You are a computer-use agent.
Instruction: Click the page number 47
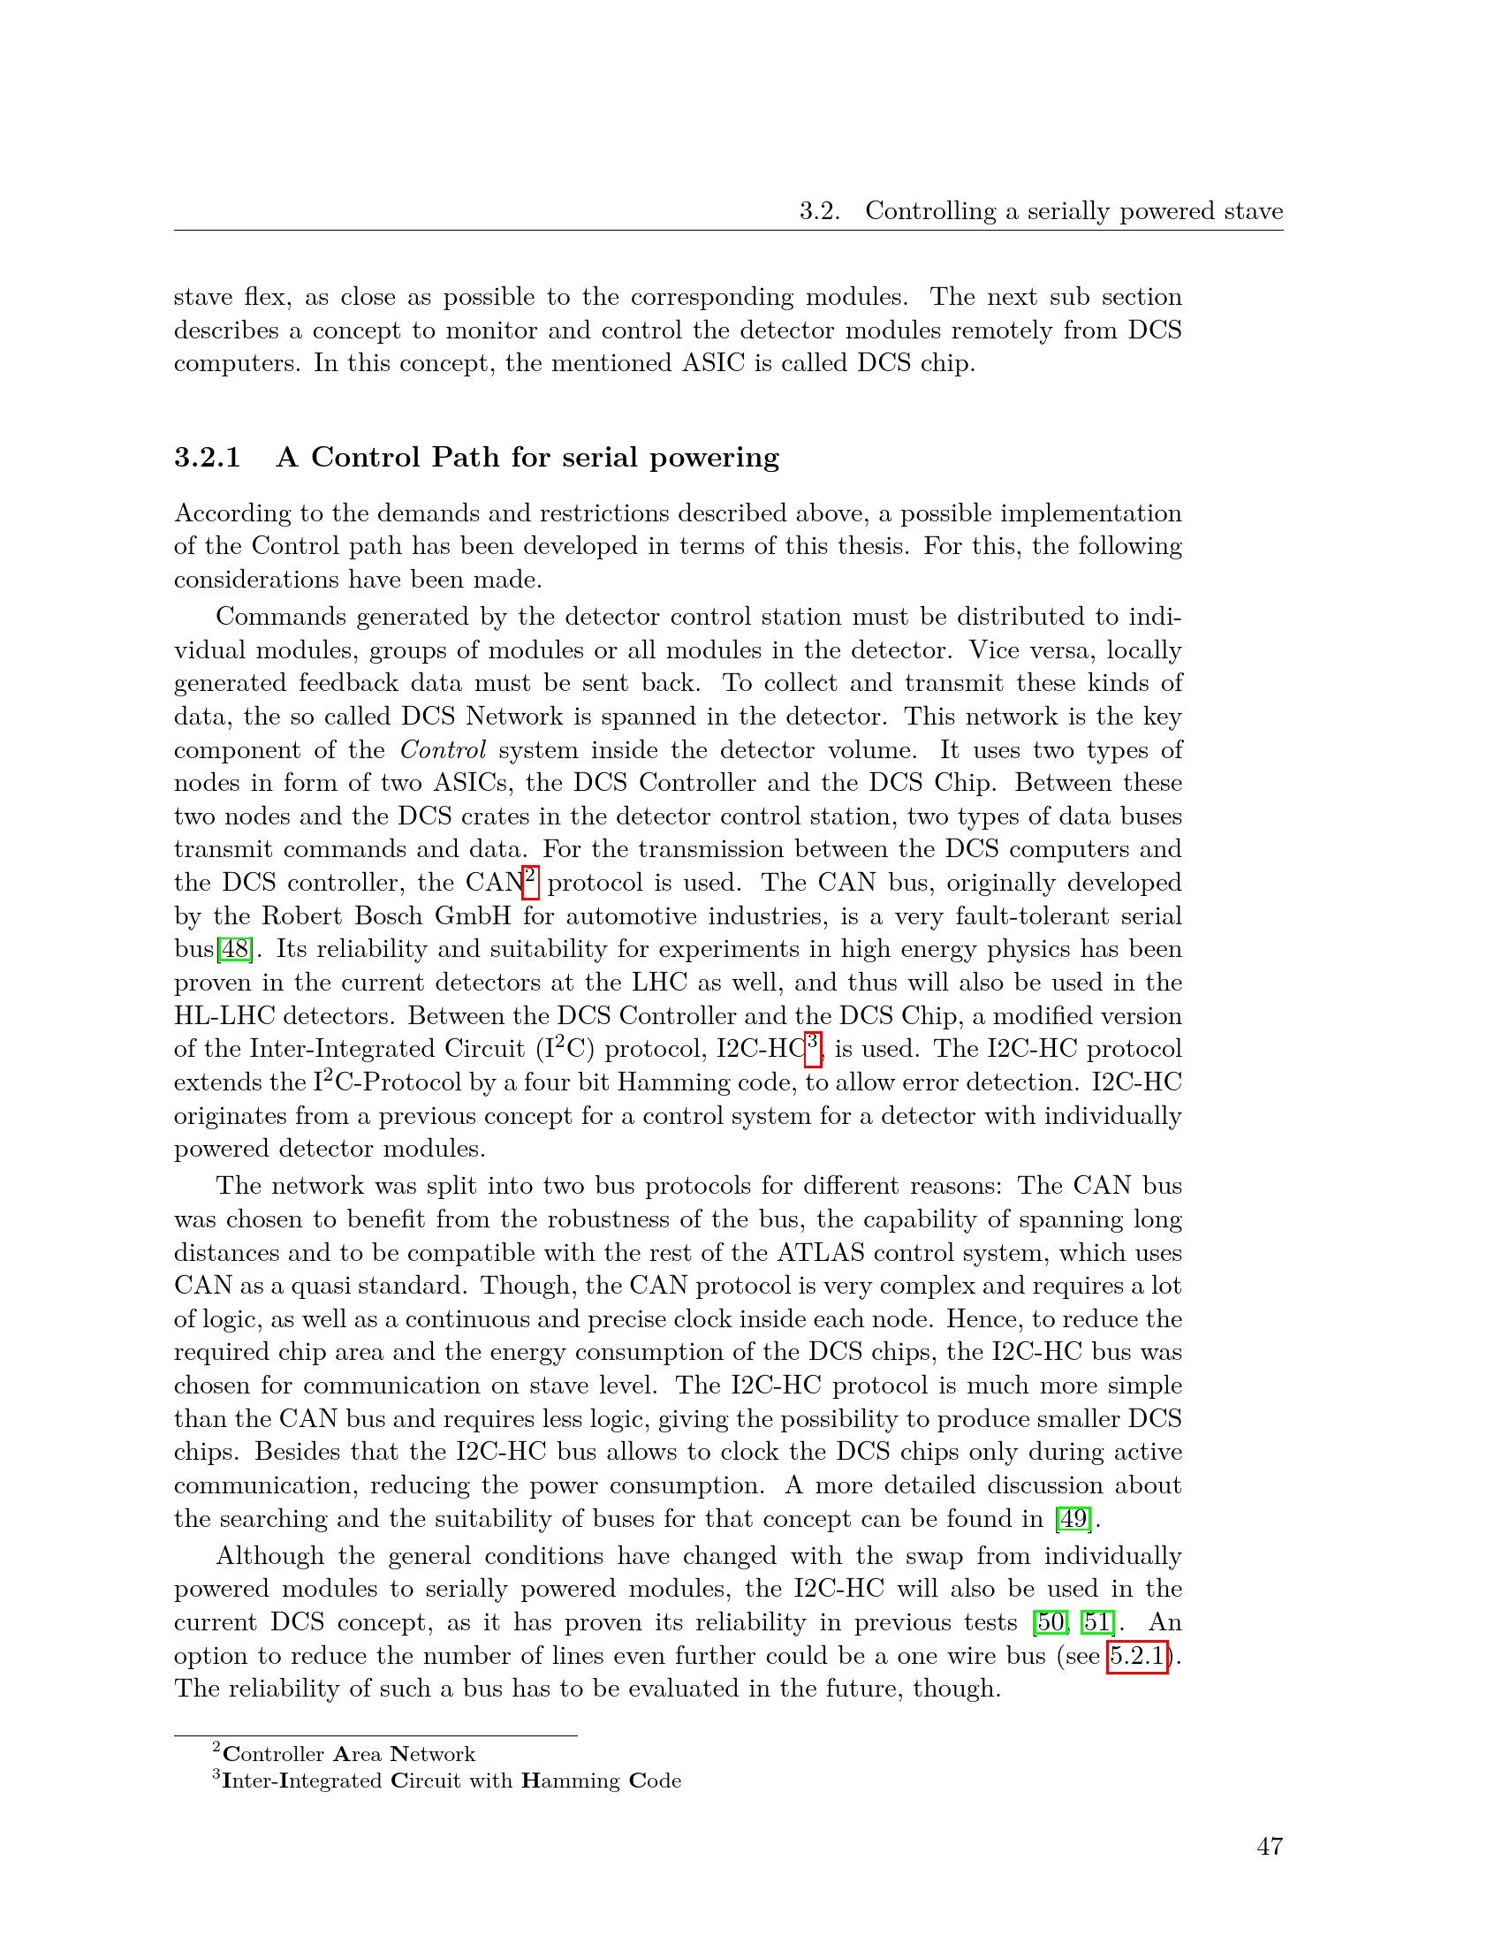[x=1269, y=1846]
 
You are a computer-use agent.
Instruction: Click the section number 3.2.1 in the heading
[x=208, y=458]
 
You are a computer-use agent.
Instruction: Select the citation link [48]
[x=235, y=949]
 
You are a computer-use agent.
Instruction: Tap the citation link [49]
[x=1073, y=1518]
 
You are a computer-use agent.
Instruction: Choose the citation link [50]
[x=1050, y=1621]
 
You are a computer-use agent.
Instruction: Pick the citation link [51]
[x=1096, y=1621]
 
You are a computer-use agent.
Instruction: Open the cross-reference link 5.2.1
[x=1136, y=1656]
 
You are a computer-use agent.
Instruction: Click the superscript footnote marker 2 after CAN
[x=530, y=876]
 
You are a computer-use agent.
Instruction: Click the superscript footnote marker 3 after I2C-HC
[x=812, y=1043]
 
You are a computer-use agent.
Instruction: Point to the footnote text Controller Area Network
[x=348, y=1754]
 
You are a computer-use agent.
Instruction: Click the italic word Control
[x=443, y=749]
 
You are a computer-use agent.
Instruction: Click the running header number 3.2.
[x=819, y=211]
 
